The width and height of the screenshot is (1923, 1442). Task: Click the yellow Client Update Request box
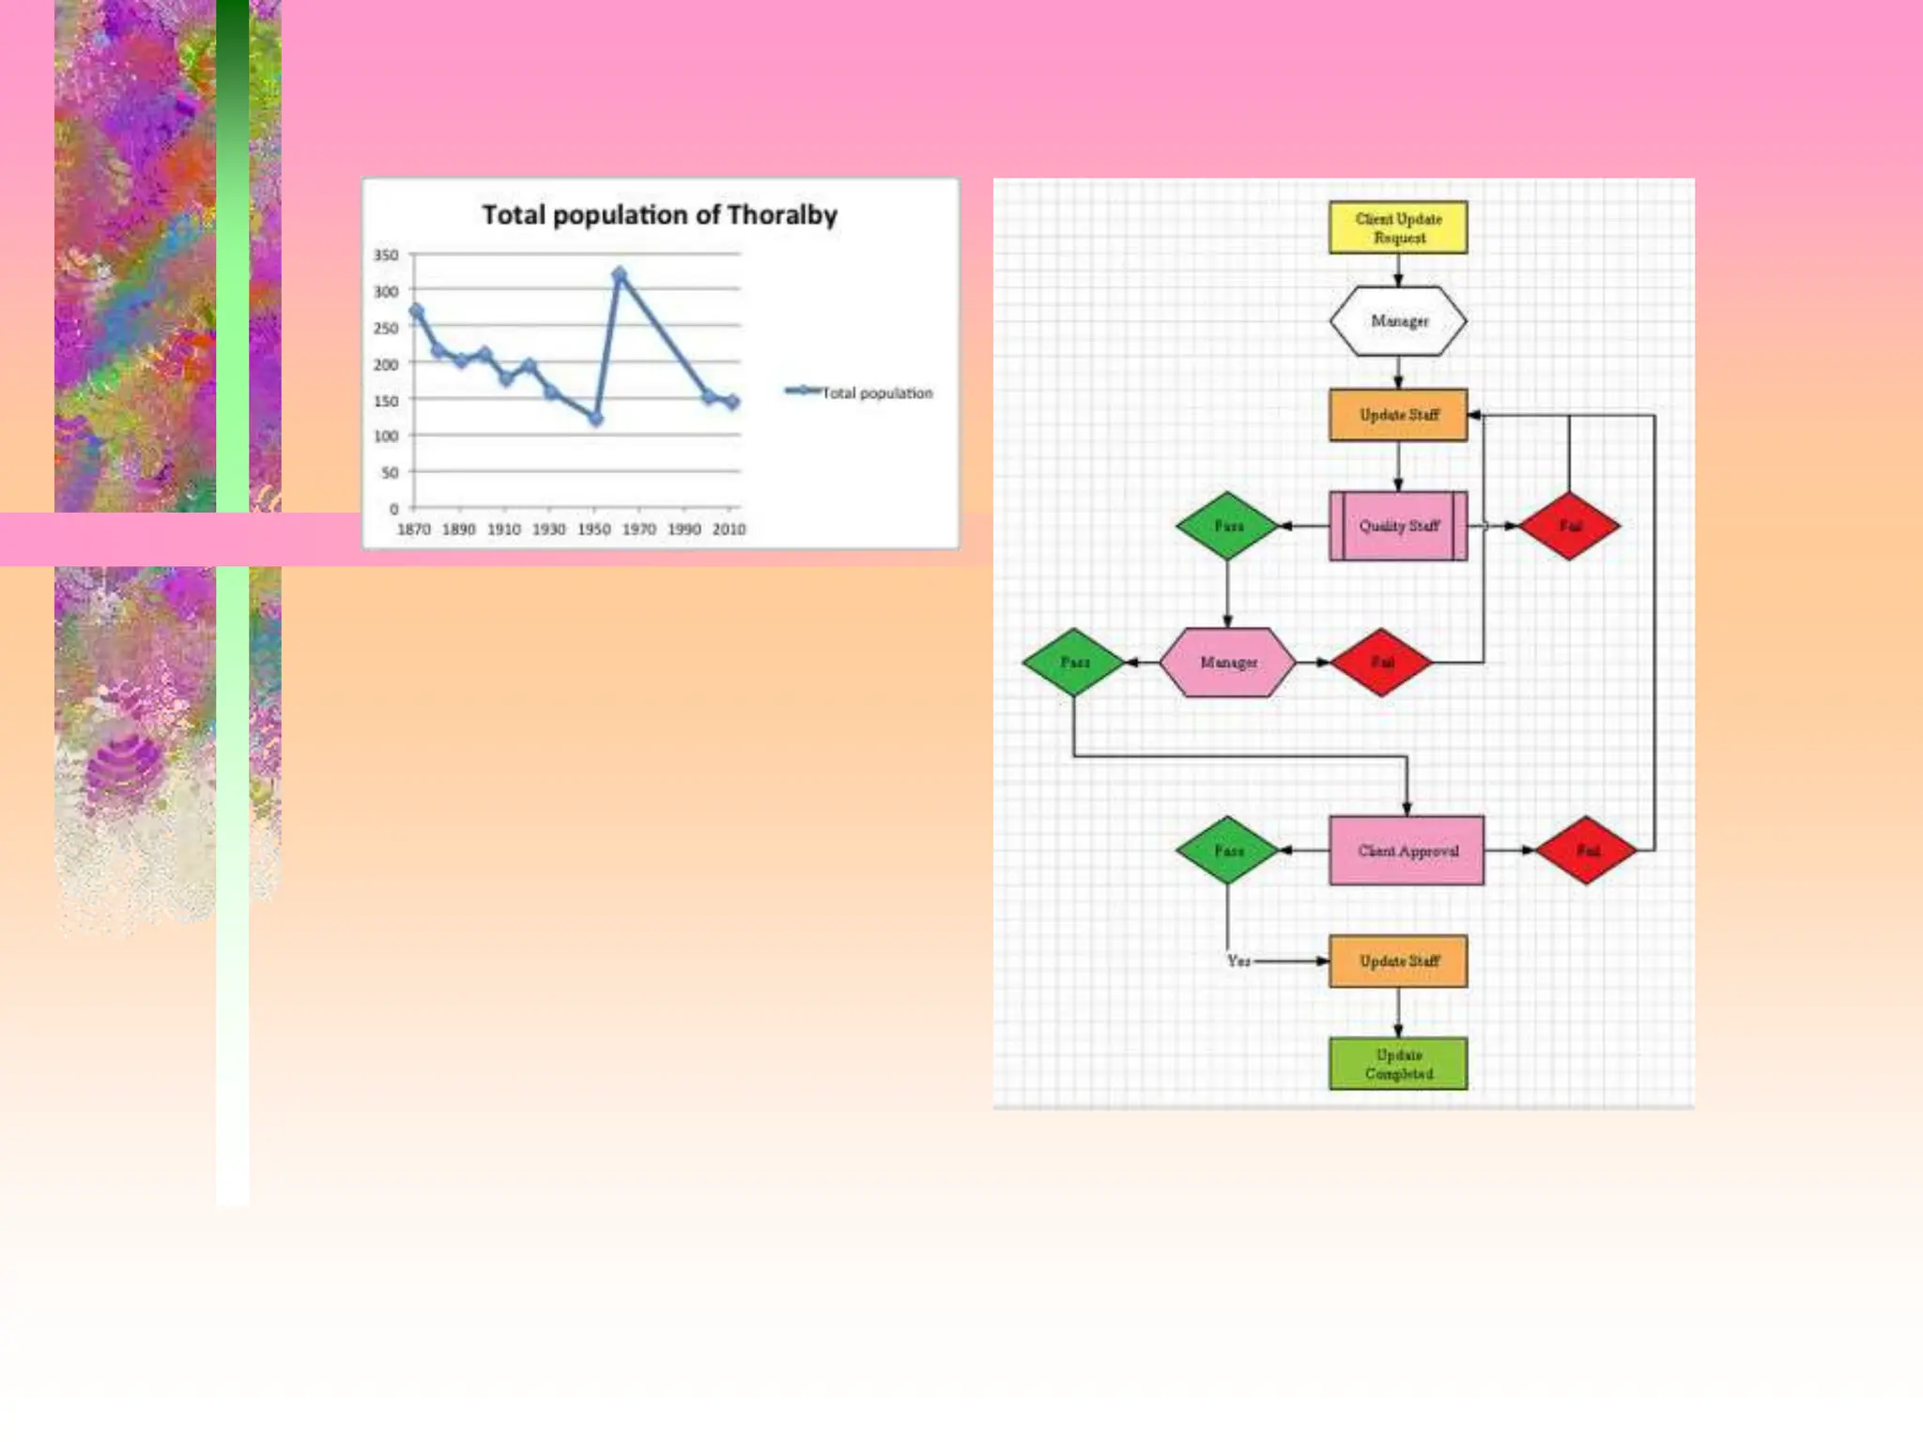pyautogui.click(x=1398, y=227)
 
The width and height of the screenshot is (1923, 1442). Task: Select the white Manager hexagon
pyautogui.click(x=1398, y=321)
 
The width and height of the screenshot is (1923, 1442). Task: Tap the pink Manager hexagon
pyautogui.click(x=1228, y=663)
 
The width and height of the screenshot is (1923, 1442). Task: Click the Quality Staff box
pyautogui.click(x=1398, y=526)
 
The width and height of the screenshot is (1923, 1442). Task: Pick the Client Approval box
pyautogui.click(x=1407, y=851)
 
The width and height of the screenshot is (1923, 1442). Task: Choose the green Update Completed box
pyautogui.click(x=1398, y=1064)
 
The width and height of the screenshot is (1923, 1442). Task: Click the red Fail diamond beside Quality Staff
pyautogui.click(x=1569, y=526)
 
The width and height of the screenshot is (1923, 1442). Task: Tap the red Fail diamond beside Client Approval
pyautogui.click(x=1587, y=851)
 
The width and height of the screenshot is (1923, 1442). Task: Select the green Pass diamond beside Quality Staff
pyautogui.click(x=1227, y=526)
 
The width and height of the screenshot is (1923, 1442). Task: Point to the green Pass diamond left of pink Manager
pyautogui.click(x=1074, y=663)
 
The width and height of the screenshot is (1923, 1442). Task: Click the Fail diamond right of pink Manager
pyautogui.click(x=1381, y=663)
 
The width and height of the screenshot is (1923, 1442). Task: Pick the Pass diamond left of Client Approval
pyautogui.click(x=1227, y=851)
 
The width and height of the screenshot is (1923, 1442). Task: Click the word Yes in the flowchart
pyautogui.click(x=1238, y=961)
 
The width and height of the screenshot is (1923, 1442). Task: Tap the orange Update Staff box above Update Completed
pyautogui.click(x=1398, y=961)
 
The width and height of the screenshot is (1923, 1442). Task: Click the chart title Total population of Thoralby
pyautogui.click(x=659, y=215)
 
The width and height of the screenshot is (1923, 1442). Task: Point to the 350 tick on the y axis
pyautogui.click(x=386, y=255)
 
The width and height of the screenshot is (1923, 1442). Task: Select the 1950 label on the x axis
pyautogui.click(x=593, y=529)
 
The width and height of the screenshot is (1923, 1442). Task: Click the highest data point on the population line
pyautogui.click(x=619, y=275)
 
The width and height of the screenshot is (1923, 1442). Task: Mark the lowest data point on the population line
pyautogui.click(x=595, y=419)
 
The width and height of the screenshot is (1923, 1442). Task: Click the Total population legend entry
pyautogui.click(x=860, y=392)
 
